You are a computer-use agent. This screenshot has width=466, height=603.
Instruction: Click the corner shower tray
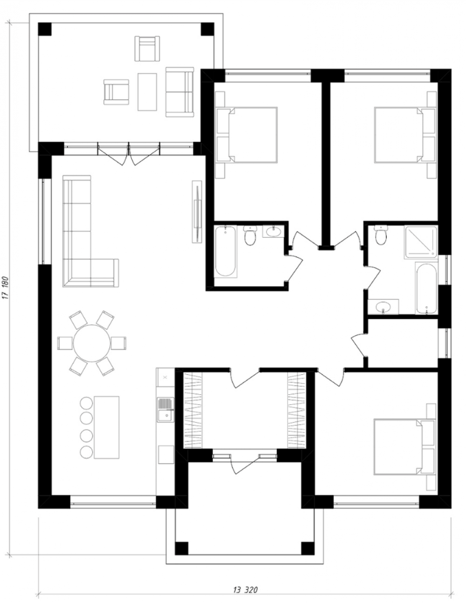click(x=420, y=242)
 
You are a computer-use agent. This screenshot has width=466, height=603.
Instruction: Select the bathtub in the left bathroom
click(x=226, y=252)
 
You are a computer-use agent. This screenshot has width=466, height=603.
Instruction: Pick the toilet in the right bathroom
click(x=381, y=235)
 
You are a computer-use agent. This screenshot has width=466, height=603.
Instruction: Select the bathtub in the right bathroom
click(x=426, y=288)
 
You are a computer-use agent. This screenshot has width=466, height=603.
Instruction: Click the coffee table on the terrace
click(x=147, y=92)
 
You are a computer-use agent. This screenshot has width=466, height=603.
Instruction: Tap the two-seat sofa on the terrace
click(x=180, y=92)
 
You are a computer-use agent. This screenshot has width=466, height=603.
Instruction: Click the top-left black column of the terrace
click(x=45, y=29)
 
